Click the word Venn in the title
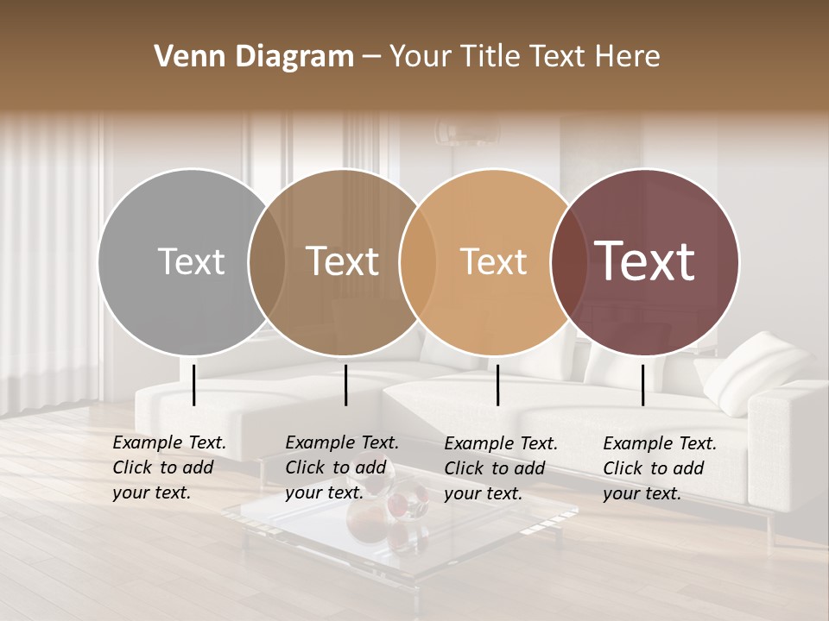[180, 57]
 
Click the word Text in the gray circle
[191, 261]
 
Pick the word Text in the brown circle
[342, 261]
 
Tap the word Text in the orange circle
[493, 261]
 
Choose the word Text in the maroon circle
[644, 261]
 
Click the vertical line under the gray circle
[193, 385]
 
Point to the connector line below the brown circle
[345, 385]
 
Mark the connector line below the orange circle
[497, 385]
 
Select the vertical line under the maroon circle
[642, 385]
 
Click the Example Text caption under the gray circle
[169, 467]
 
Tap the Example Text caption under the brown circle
[342, 467]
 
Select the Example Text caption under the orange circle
[501, 468]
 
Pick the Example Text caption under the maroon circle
[660, 468]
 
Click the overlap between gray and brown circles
[267, 261]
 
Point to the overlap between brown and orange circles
[418, 261]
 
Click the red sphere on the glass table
[399, 505]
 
